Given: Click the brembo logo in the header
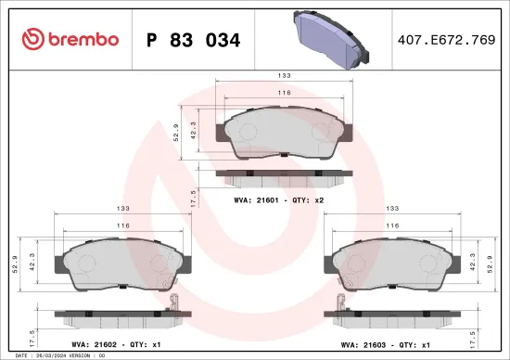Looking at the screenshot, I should click(70, 39).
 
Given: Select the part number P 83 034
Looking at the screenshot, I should click(195, 40).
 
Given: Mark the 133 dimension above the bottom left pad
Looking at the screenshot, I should click(123, 210).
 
